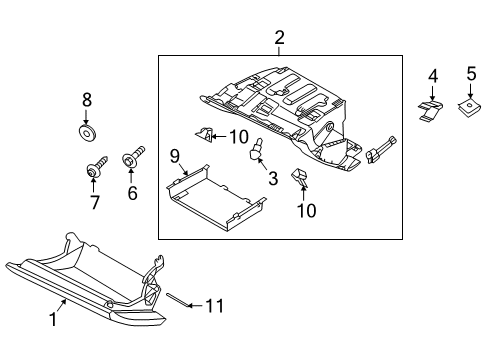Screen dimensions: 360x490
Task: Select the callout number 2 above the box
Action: [280, 38]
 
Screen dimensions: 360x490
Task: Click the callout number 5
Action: [470, 74]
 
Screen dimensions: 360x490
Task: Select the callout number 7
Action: [96, 203]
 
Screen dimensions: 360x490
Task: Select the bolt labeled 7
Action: [93, 169]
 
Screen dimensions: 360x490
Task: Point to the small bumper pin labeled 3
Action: [256, 151]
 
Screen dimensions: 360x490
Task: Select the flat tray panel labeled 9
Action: [210, 204]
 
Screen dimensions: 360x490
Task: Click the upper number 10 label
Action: [238, 136]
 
